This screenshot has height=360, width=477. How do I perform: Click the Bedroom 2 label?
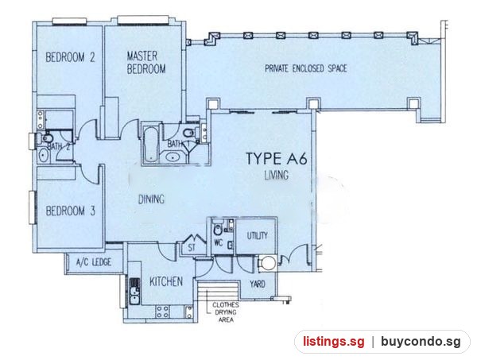pos(70,57)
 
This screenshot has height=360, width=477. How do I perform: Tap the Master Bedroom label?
pos(146,63)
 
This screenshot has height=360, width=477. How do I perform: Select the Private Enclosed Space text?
pos(306,68)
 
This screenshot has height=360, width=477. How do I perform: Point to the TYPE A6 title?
pos(277,158)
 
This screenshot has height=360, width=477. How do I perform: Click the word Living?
pos(277,175)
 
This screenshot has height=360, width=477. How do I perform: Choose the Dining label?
pos(151,199)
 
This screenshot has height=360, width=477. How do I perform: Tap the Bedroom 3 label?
pos(71,211)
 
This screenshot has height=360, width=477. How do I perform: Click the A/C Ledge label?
pos(93,261)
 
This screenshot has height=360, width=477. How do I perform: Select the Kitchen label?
pos(166,281)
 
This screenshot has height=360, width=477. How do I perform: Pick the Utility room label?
pos(258,236)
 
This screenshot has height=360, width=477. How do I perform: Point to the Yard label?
pos(258,285)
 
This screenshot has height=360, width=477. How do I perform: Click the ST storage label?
pos(192,248)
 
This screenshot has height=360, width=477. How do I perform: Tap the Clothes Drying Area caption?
pos(226,312)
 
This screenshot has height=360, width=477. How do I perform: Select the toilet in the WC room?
pos(218,229)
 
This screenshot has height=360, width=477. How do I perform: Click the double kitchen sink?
pos(134,292)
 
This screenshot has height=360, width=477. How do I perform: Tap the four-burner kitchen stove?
pos(163,312)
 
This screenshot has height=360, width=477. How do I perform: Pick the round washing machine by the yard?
pos(269,263)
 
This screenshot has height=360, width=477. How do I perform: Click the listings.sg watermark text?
pos(334,342)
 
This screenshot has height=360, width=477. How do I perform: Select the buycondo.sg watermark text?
pos(421,342)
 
